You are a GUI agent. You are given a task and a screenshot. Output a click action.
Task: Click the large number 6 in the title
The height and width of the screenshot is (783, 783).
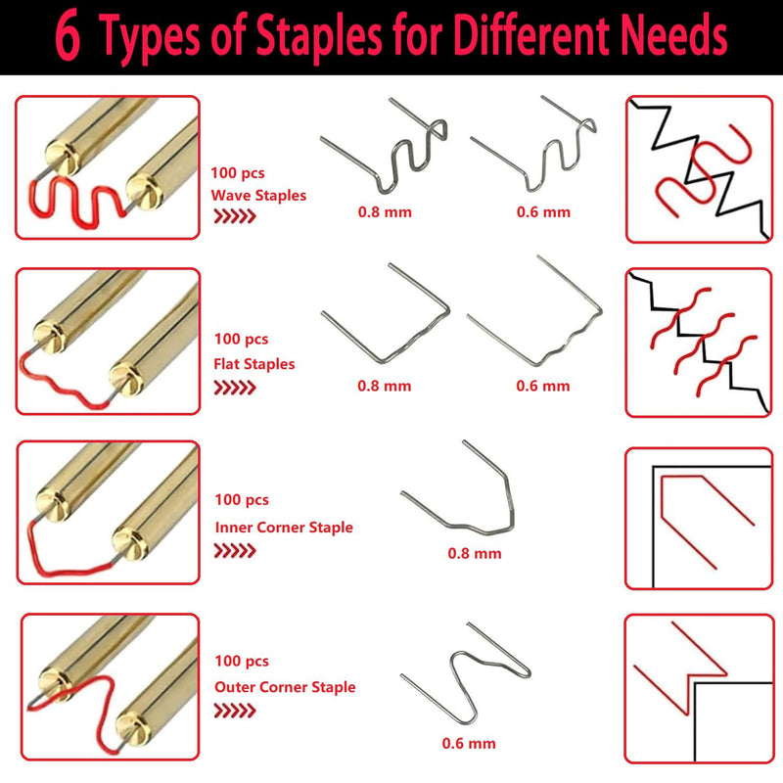68,36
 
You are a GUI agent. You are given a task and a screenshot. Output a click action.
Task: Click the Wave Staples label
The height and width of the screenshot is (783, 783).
258,195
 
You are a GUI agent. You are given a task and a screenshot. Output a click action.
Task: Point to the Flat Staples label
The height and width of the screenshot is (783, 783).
254,364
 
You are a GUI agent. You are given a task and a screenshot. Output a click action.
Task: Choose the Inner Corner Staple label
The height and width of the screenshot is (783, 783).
284,528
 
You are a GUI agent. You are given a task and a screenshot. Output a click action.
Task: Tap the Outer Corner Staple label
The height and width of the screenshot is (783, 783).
285,687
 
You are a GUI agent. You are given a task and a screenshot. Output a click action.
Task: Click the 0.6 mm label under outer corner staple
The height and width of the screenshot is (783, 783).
469,744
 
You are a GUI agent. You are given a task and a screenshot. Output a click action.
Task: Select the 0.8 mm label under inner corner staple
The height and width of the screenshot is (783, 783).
475,553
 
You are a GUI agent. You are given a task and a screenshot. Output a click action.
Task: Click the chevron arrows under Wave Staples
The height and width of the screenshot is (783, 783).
235,216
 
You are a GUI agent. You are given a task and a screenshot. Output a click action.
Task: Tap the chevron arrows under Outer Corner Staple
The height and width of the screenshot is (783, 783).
235,712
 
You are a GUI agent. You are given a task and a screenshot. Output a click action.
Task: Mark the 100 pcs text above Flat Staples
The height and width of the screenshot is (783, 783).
241,339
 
